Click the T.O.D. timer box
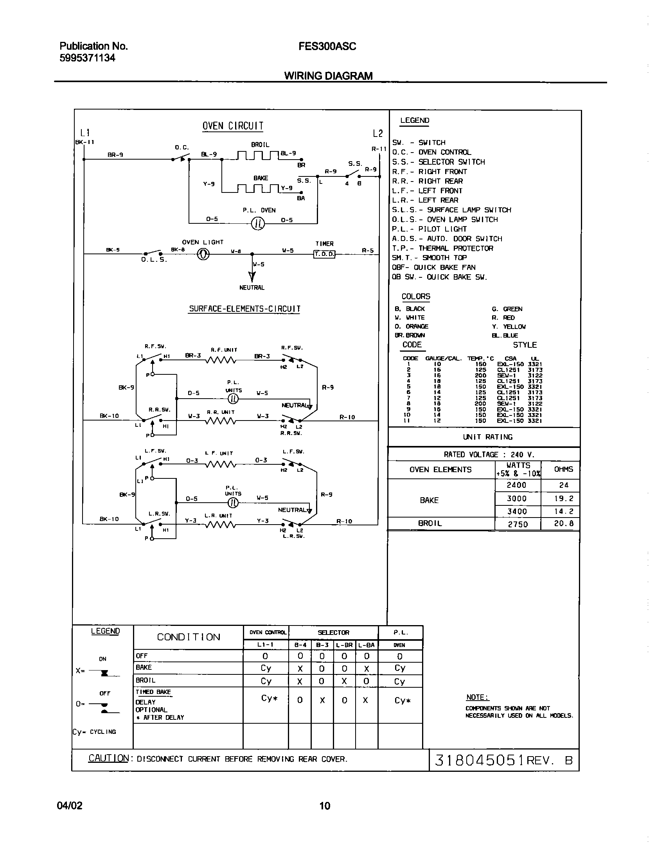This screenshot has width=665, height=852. pos(324,254)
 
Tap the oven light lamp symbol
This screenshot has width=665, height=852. pos(203,254)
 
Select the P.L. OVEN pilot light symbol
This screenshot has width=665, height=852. pos(258,223)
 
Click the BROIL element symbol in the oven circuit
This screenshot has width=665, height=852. pos(258,155)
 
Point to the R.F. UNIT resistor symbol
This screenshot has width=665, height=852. pos(221,360)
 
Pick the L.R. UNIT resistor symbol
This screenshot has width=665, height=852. pos(221,525)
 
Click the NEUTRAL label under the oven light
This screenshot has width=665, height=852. pos(252,288)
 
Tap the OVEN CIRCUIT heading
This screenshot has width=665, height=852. pos(233,126)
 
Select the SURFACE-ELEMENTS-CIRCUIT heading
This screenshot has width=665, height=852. pos(245,309)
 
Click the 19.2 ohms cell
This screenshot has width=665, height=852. pos(563,499)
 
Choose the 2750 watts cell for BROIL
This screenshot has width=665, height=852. pos(518,524)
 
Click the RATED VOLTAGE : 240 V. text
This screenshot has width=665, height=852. pos(489,455)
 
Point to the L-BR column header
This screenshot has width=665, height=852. pos(344,645)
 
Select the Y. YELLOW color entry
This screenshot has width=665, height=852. pos(509,327)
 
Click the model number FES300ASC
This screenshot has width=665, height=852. pos(327,47)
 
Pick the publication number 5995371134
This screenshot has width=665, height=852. pos(88,58)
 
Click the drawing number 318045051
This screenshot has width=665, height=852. pos(479,760)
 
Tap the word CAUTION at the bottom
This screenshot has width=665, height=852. pos(108,758)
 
